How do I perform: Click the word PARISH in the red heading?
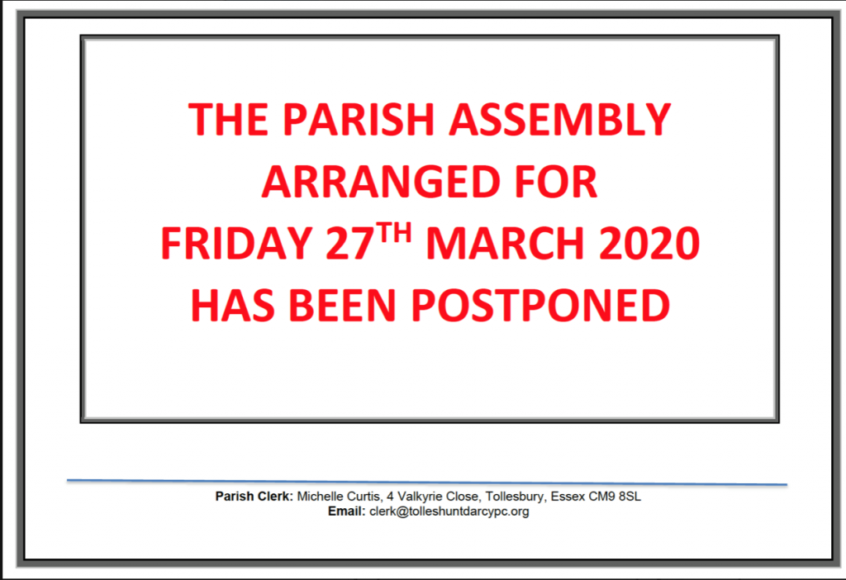tap(359, 119)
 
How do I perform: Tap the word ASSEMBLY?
tap(560, 119)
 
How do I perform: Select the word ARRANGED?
tap(379, 182)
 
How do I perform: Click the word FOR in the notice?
tap(556, 182)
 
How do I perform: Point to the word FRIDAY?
tap(236, 244)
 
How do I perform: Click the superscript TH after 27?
tap(394, 232)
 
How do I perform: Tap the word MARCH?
tap(505, 244)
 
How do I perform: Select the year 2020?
tap(649, 244)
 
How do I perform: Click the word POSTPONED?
tap(540, 306)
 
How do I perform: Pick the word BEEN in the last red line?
tap(343, 306)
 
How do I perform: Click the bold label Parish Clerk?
tap(254, 497)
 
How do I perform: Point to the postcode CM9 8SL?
tap(615, 497)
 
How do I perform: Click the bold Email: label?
tap(346, 511)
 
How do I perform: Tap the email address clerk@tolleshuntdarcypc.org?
tap(449, 511)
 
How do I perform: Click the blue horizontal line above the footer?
tap(427, 482)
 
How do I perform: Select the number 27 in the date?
tap(350, 244)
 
